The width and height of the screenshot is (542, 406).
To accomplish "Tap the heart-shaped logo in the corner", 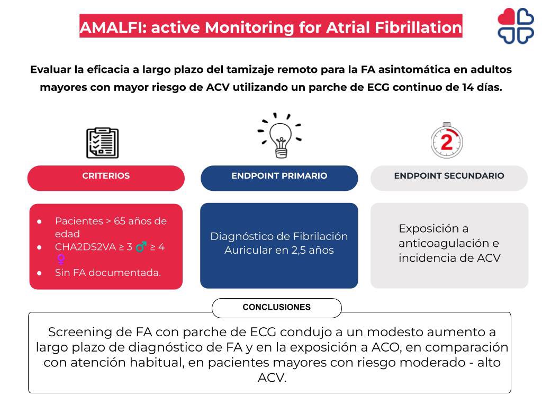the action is [515, 25].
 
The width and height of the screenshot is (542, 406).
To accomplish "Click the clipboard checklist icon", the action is [102, 143].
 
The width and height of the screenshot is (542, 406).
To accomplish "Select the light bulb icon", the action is [281, 137].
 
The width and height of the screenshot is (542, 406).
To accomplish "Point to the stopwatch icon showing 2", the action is [447, 141].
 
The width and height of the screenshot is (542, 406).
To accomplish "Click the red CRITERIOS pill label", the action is [106, 177].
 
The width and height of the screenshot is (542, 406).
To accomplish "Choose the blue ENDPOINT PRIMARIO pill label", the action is [279, 177].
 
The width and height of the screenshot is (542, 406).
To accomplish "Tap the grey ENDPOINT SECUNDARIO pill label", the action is [449, 177].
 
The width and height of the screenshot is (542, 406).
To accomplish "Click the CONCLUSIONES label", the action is [276, 307].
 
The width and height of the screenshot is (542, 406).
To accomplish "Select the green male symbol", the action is [141, 246].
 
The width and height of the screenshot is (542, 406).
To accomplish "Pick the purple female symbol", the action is [61, 259].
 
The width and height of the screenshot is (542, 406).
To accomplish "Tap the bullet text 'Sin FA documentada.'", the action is [107, 273].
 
